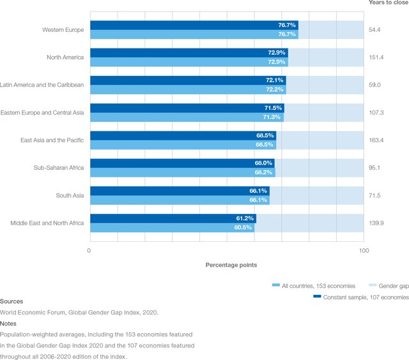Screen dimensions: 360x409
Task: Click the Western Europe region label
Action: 63,30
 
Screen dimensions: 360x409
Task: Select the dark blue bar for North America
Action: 189,52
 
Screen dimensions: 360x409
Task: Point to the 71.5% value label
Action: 273,108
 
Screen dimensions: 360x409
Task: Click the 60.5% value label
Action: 244,228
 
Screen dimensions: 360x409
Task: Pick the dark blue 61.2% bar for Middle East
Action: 173,218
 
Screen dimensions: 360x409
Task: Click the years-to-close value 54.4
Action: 373,30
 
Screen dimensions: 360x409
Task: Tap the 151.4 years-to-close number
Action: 374,57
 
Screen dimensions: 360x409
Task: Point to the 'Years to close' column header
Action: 387,3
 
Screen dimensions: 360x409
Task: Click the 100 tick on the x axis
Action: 363,251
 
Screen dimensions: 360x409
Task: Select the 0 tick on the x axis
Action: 89,251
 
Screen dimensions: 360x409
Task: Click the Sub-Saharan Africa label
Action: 59,168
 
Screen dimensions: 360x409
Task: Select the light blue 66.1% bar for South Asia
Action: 179,200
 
